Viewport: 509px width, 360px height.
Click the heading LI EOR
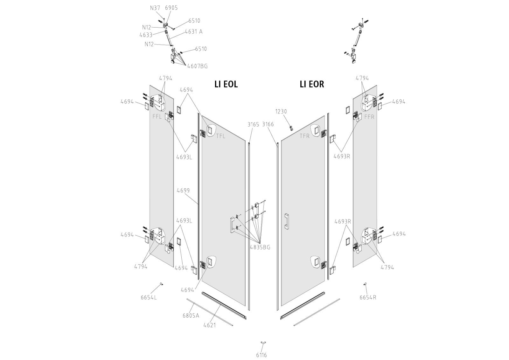coord(312,84)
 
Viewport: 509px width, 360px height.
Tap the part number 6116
coord(261,355)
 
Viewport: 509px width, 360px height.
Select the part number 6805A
coord(191,315)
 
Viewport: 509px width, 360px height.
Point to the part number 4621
coord(210,325)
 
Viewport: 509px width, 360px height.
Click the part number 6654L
coord(149,298)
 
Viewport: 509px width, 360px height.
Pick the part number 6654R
coord(368,298)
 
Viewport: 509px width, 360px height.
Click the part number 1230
coord(281,111)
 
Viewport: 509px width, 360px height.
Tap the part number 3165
coord(254,124)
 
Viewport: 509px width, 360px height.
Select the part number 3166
coord(268,124)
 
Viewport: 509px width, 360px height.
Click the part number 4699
coord(183,190)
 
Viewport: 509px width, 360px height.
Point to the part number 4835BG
coord(260,247)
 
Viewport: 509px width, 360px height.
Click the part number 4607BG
coord(197,66)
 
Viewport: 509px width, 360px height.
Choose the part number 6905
coord(171,8)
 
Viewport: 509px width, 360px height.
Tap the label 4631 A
coord(193,31)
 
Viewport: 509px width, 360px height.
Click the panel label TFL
coord(220,136)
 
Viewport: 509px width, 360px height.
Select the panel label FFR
coord(369,117)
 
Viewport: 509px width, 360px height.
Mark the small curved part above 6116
coord(263,343)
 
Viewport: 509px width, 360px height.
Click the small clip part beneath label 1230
coord(290,128)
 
